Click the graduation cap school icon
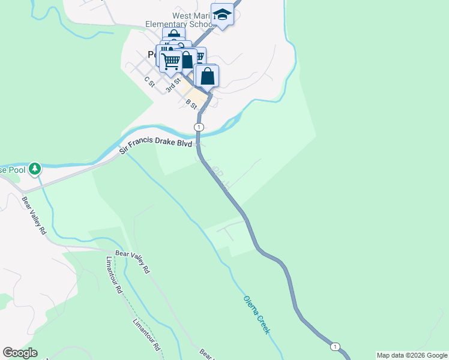coord(222,15)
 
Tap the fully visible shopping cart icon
coord(171,60)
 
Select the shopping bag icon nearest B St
coord(207,76)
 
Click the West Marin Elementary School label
coord(179,20)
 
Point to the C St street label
coord(149,82)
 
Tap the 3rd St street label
coord(173,83)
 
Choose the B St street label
coord(191,103)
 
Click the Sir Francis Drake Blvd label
coord(156,145)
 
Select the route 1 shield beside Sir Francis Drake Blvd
coord(199,127)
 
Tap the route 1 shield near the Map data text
coord(335,346)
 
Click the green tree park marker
coord(35,169)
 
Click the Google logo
coord(20,353)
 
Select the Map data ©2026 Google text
coord(412,355)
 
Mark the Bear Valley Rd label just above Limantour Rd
coord(132,262)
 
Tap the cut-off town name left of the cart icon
coord(152,54)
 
